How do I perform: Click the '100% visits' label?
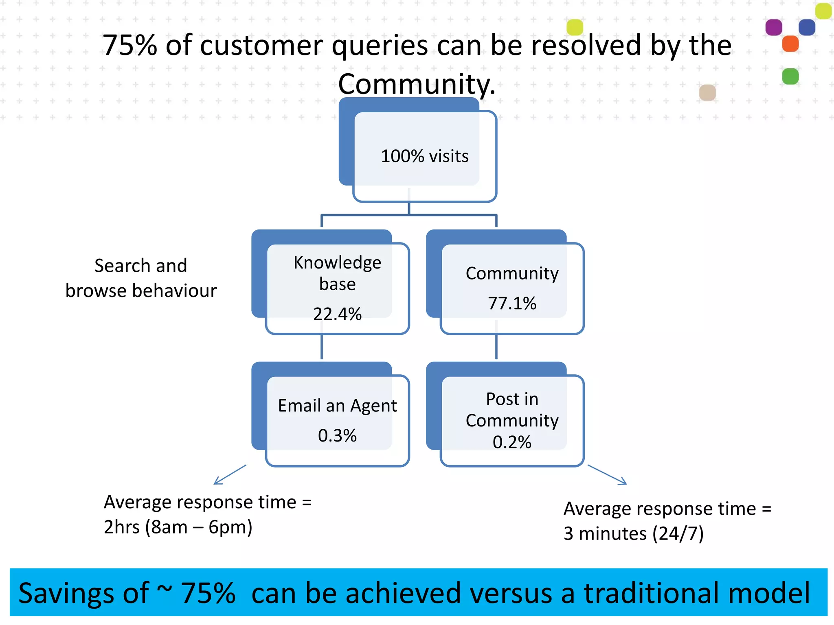[424, 156]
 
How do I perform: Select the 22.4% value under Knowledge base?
[337, 314]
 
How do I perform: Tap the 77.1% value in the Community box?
[512, 303]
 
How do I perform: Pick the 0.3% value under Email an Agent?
[337, 435]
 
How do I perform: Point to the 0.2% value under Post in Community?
[512, 442]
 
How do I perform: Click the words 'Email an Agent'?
[337, 406]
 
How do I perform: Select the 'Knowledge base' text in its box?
[337, 273]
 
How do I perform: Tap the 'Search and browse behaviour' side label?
[141, 278]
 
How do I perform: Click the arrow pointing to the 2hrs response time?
[230, 474]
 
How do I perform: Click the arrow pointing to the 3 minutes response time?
[607, 475]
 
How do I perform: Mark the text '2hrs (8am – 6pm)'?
[178, 527]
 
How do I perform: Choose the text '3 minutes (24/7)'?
[633, 533]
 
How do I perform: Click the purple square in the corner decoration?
[773, 27]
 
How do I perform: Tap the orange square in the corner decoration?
[790, 44]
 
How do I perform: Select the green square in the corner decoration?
[790, 76]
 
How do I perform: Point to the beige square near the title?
[707, 92]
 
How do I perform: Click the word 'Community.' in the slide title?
[417, 84]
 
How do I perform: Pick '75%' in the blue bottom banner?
[208, 593]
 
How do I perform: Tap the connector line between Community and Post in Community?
[496, 347]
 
